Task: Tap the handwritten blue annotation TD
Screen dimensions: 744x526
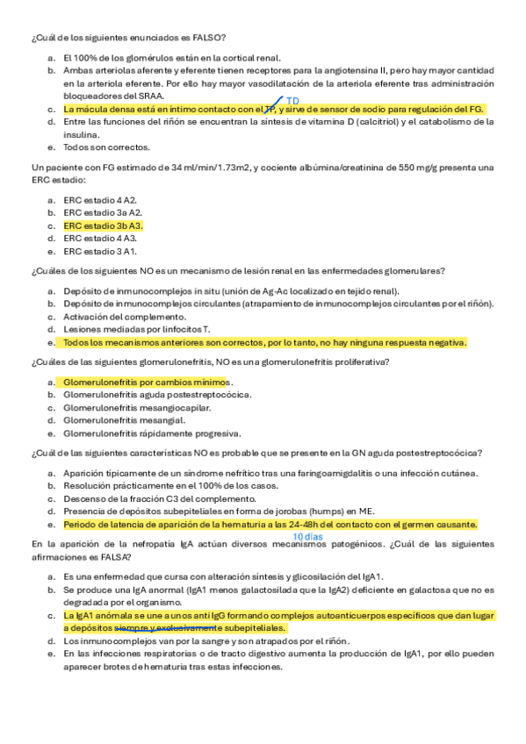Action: (293, 101)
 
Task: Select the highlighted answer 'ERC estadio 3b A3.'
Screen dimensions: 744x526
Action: (103, 225)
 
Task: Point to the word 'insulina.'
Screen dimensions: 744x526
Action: (80, 135)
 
